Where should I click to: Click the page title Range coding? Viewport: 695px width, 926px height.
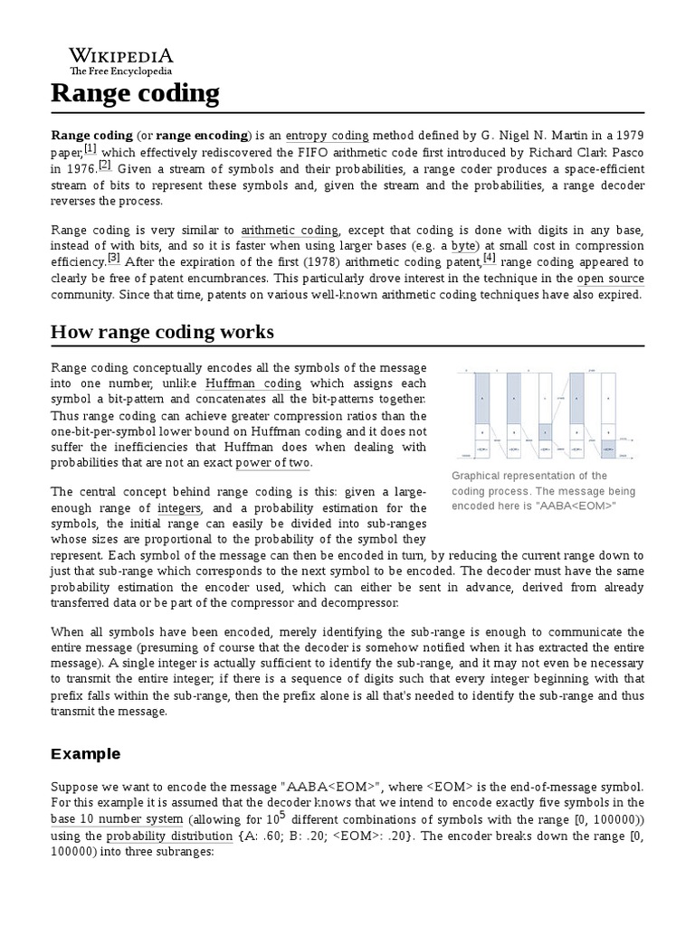135,92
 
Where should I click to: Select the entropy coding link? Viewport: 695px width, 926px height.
327,136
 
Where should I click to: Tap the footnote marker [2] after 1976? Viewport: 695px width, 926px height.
105,165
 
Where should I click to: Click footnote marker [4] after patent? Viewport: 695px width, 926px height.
490,258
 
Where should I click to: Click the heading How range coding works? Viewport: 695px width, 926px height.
162,332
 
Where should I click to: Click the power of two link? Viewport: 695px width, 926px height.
272,463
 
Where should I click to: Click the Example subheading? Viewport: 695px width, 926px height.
85,753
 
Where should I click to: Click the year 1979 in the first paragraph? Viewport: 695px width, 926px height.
629,136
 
